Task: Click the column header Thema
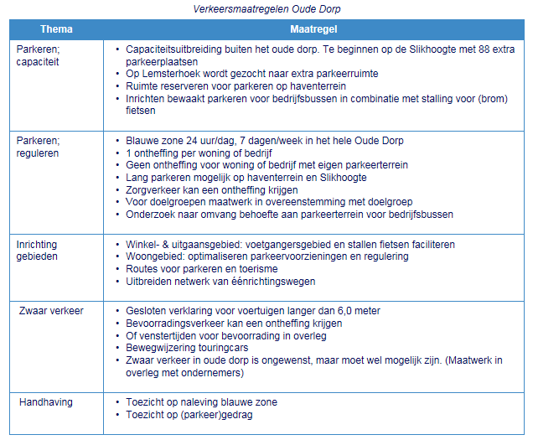click(55, 29)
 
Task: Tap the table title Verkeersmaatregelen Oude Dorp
click(266, 9)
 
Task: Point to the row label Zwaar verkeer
click(51, 311)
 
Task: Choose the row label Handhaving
click(46, 402)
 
